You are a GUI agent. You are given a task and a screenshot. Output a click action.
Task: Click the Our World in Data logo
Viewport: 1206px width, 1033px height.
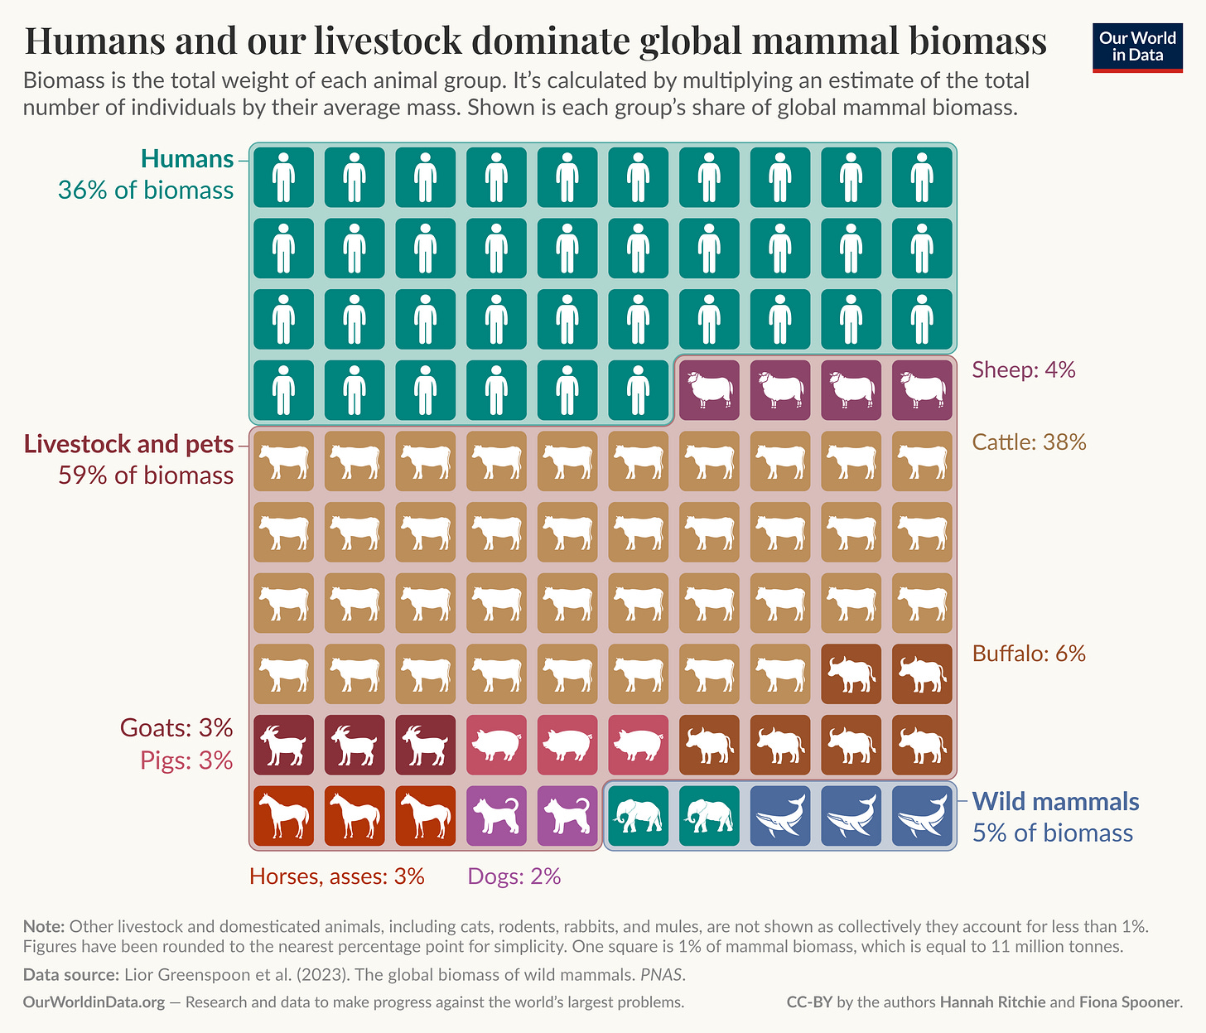tap(1136, 47)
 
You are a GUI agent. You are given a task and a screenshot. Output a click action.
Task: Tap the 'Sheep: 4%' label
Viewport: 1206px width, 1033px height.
tap(1023, 369)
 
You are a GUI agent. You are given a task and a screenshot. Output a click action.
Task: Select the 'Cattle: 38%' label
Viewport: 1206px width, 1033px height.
tap(1029, 442)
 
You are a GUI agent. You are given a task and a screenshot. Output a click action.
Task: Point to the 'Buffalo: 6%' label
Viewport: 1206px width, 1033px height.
tap(1029, 654)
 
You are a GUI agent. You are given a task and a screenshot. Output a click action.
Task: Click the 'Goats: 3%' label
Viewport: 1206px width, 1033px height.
tap(176, 727)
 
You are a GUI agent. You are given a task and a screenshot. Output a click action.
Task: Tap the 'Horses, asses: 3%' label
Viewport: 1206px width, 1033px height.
tap(337, 876)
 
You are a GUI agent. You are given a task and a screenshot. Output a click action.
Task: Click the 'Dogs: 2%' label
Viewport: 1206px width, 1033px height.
tap(514, 876)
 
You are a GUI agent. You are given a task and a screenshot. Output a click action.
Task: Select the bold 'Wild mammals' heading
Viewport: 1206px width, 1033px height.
tap(1055, 801)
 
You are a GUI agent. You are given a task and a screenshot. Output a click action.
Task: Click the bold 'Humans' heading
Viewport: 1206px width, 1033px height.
tap(187, 158)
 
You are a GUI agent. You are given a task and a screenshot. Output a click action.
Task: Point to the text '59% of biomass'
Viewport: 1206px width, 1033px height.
tap(146, 475)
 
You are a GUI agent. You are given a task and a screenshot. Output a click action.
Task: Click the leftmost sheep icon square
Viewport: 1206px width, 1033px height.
tap(709, 389)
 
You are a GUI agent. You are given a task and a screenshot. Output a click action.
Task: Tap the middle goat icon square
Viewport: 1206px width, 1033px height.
tap(355, 745)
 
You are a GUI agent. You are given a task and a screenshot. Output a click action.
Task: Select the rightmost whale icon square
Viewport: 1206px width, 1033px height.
tap(922, 816)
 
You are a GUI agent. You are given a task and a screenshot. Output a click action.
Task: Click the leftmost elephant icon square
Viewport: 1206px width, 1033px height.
tap(638, 816)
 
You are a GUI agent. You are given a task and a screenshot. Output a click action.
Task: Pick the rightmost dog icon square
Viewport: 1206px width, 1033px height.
tap(567, 816)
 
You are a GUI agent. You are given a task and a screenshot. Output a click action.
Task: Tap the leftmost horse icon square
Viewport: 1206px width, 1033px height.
tap(283, 816)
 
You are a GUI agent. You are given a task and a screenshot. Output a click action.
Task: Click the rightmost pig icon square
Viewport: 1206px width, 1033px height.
tap(638, 745)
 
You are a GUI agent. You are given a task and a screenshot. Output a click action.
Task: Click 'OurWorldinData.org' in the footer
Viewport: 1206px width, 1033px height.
tap(94, 1002)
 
